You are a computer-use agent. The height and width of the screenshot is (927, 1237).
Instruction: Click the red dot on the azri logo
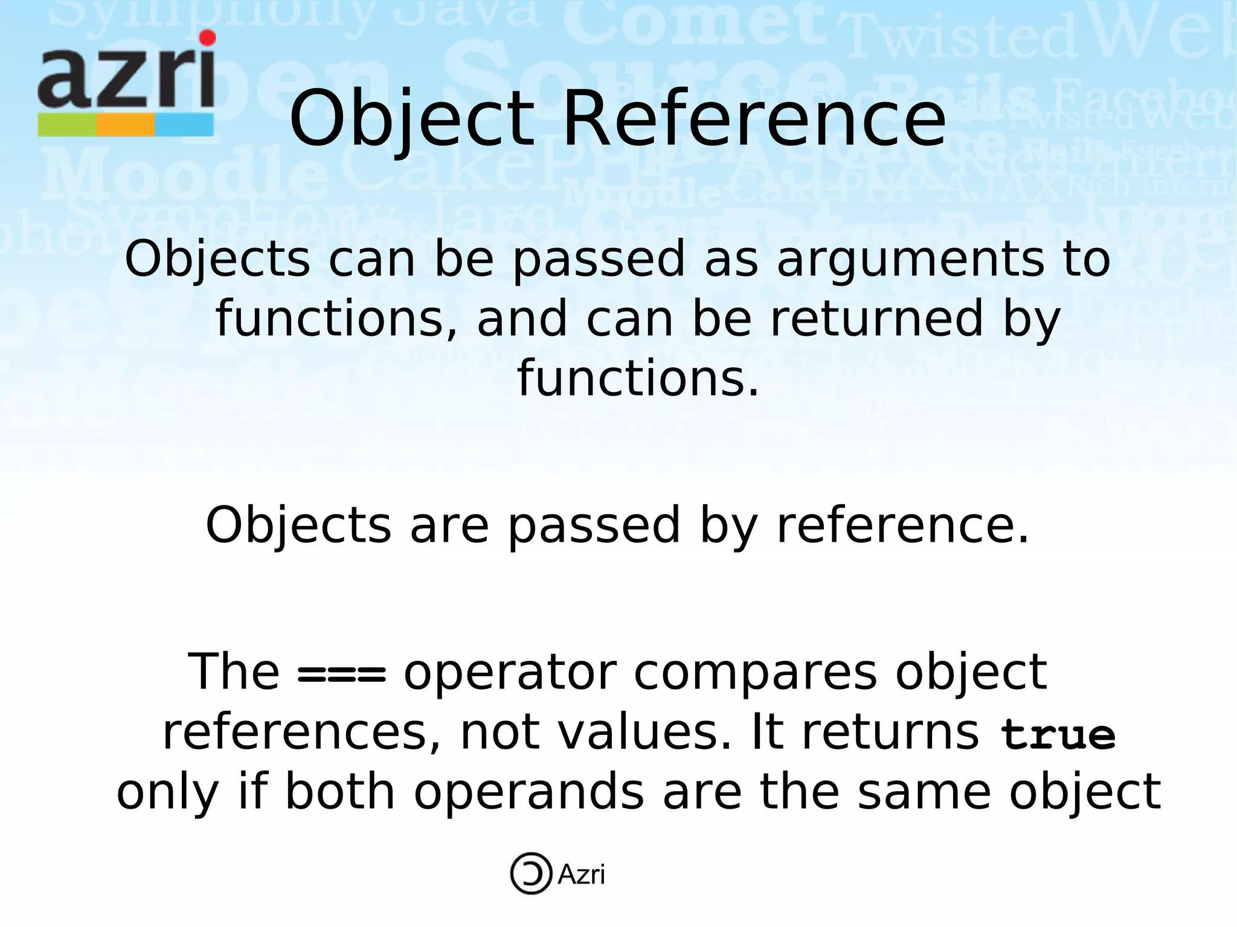tap(207, 37)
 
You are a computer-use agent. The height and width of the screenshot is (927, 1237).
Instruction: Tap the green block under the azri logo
tap(66, 125)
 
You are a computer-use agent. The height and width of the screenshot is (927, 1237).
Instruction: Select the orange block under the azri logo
tap(126, 125)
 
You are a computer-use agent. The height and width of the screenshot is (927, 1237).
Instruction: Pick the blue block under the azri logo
tap(184, 125)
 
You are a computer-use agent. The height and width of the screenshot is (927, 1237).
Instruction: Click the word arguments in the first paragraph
tap(911, 260)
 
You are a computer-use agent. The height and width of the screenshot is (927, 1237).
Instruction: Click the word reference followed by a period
tap(902, 525)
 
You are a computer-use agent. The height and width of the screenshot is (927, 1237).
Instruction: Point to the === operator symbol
tap(341, 674)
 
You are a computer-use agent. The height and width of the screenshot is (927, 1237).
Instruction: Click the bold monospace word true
tap(1058, 734)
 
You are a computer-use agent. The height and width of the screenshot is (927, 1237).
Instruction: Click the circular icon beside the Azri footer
tap(531, 873)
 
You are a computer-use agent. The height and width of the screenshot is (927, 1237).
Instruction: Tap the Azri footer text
tap(581, 874)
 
